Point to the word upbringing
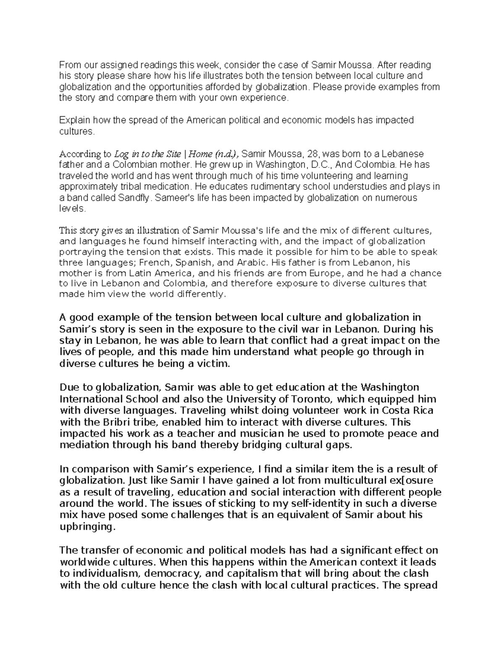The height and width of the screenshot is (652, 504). tap(86, 527)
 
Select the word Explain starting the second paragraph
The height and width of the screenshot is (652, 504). tap(75, 120)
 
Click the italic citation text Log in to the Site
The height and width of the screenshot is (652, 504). tap(147, 154)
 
